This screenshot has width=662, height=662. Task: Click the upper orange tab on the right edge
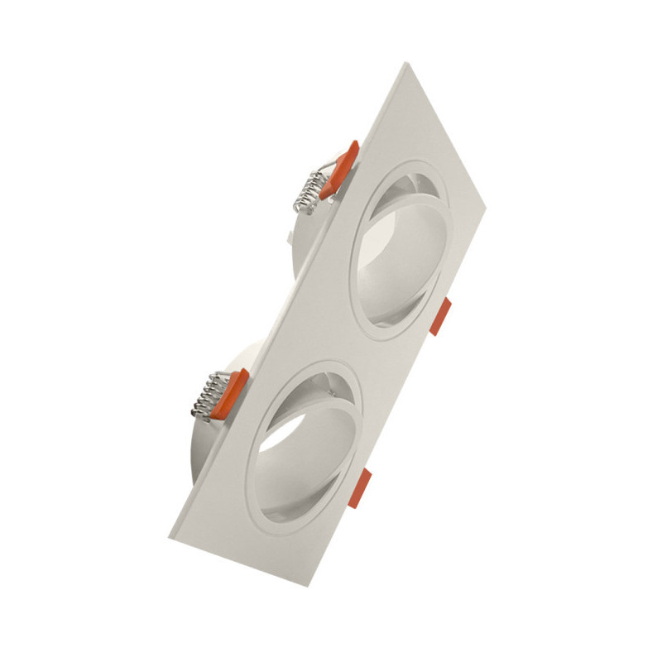[x=440, y=316]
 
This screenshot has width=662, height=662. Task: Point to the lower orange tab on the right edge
[x=358, y=488]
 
